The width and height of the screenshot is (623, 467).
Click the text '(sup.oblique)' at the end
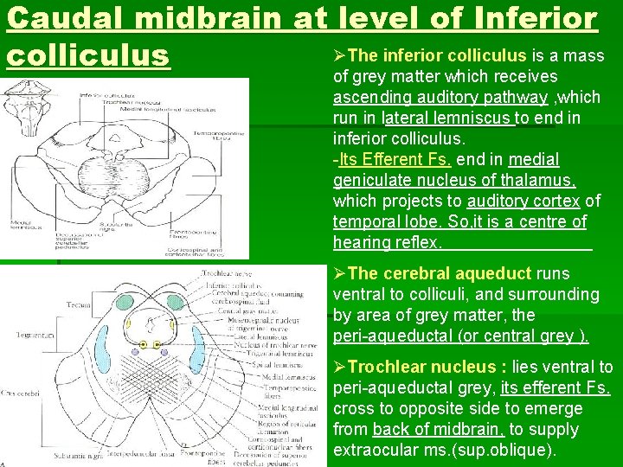pyautogui.click(x=511, y=451)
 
